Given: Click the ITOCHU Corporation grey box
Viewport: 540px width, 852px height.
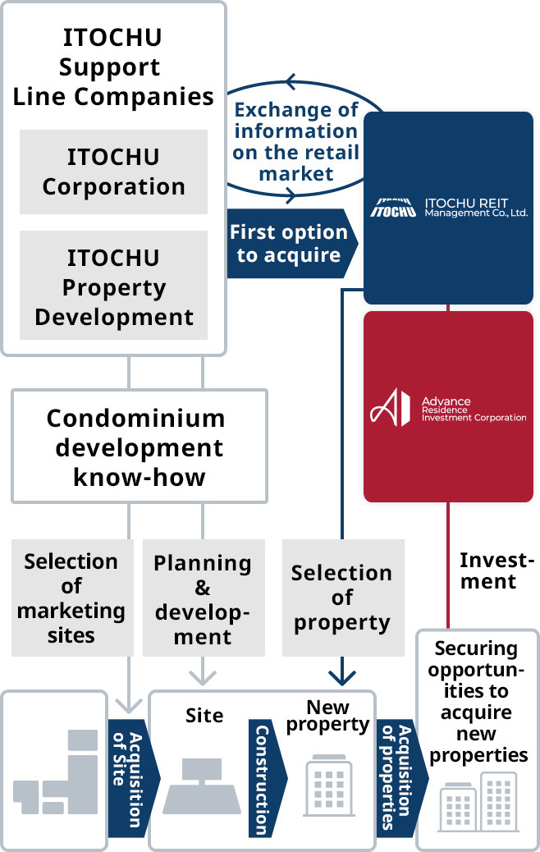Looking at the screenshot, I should coord(113,172).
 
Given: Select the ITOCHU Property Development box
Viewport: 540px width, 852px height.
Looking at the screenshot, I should coord(113,286).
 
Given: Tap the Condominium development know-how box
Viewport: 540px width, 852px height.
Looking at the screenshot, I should coord(135,447).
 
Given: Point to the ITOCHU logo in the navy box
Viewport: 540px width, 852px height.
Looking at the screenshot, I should coord(396,208).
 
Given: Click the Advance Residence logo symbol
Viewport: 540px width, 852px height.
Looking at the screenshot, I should coord(389,407).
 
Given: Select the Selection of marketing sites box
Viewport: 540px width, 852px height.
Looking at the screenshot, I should coord(71,598).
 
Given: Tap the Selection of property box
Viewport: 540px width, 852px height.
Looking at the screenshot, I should coord(342,598).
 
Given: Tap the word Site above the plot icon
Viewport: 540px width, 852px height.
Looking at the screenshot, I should coord(204,716).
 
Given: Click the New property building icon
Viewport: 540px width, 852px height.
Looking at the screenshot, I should coord(329,783).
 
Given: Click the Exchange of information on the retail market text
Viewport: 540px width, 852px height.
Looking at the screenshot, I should coord(295,141).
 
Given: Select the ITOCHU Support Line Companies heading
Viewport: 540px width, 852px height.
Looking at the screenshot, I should coord(113,67).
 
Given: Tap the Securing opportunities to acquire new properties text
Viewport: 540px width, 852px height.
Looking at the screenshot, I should coord(478,702).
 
